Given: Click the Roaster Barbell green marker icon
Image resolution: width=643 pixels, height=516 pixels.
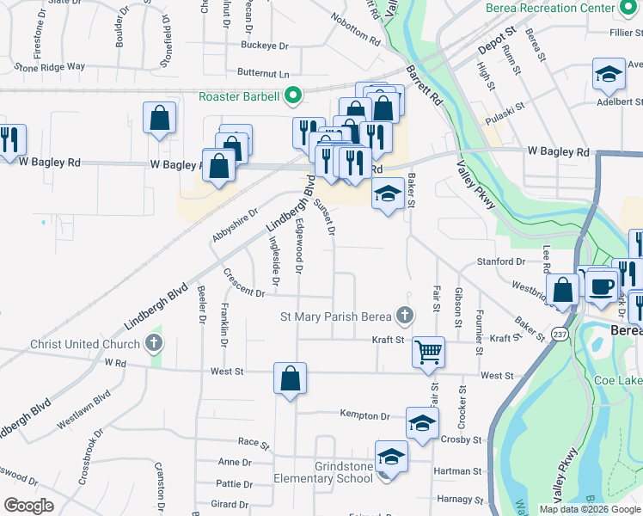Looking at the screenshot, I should pyautogui.click(x=292, y=95).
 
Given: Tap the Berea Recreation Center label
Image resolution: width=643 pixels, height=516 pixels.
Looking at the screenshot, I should pyautogui.click(x=551, y=8).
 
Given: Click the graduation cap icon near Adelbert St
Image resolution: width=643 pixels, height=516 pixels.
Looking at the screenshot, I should pyautogui.click(x=609, y=74).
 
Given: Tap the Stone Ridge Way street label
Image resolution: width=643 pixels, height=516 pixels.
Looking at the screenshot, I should pyautogui.click(x=50, y=66).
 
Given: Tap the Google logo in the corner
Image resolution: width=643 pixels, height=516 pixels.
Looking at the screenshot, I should pyautogui.click(x=29, y=506).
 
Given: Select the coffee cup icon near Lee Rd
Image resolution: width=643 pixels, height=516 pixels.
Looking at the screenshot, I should pyautogui.click(x=602, y=284).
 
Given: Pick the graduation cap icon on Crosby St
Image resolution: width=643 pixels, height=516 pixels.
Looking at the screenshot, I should pyautogui.click(x=422, y=423).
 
